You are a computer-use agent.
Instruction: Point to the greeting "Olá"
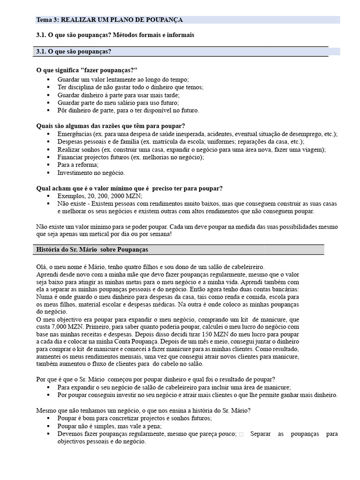(42, 266)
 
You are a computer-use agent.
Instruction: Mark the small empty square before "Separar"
(241, 434)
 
